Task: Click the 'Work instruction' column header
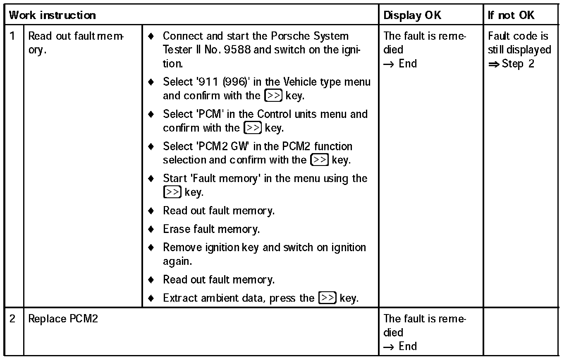click(x=53, y=15)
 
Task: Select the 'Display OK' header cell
click(x=412, y=15)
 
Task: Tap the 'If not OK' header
click(x=511, y=15)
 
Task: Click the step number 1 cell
click(x=13, y=36)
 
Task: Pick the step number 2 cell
click(x=13, y=319)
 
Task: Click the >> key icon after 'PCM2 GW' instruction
click(x=320, y=160)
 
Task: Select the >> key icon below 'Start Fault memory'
click(x=172, y=192)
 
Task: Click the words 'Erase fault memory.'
click(x=211, y=229)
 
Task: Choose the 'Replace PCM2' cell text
click(x=63, y=319)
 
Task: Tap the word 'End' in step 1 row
click(x=408, y=64)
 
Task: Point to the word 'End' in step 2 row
click(x=408, y=346)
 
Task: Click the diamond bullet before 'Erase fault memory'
click(x=151, y=229)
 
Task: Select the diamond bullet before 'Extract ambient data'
click(x=151, y=298)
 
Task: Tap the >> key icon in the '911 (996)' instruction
click(x=273, y=96)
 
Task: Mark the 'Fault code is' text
click(x=518, y=36)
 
